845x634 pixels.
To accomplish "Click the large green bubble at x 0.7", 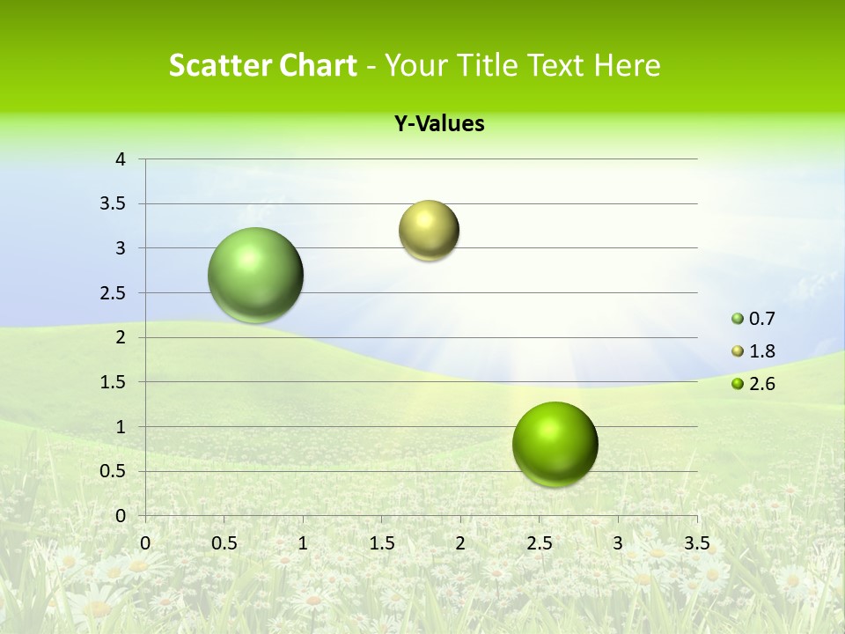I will (256, 275).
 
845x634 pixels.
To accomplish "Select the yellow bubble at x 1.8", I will (429, 231).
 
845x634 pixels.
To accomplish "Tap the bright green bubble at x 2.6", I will (555, 444).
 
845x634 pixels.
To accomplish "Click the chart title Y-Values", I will (438, 124).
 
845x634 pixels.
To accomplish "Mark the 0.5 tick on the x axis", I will (224, 543).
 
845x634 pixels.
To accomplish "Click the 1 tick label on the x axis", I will (303, 543).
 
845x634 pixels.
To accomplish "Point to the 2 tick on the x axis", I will (460, 543).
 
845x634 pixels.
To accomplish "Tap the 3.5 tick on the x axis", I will (696, 543).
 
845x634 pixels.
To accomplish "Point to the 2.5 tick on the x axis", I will (539, 543).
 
